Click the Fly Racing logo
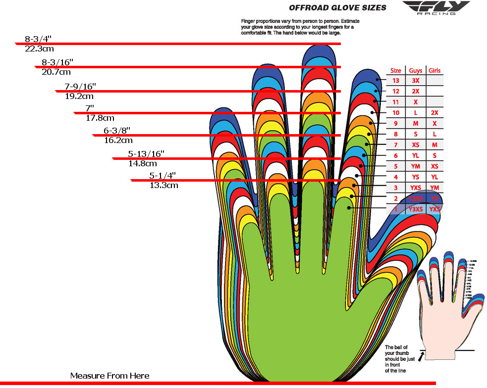[x=435, y=8]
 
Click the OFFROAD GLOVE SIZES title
[x=337, y=8]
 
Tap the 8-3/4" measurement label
[x=38, y=39]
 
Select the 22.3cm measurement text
[x=39, y=48]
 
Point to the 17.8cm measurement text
[x=100, y=118]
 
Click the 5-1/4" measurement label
[x=162, y=176]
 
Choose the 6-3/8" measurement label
[x=117, y=130]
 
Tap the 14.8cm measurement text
[x=143, y=163]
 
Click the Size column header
[x=396, y=70]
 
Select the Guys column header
[x=416, y=70]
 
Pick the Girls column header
[x=434, y=70]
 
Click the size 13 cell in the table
[x=396, y=81]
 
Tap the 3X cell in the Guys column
[x=416, y=81]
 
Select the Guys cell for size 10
[x=416, y=113]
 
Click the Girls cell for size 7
[x=434, y=145]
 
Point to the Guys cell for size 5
[x=416, y=166]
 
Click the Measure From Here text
[x=109, y=376]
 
